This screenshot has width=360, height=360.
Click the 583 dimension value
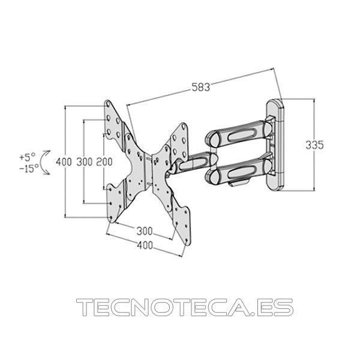pos(200,87)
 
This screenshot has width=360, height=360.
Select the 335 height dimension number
pos(314,145)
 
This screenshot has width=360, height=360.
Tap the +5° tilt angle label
pos(28,157)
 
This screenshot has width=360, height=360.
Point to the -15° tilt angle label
pos(29,168)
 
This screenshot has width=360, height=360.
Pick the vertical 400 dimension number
pos(64,162)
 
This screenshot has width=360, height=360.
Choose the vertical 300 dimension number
pos(85,162)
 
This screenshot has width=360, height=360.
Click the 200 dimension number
pos(104,162)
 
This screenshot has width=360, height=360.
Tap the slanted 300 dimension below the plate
pos(145,231)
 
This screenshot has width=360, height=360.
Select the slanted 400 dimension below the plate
pos(145,245)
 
